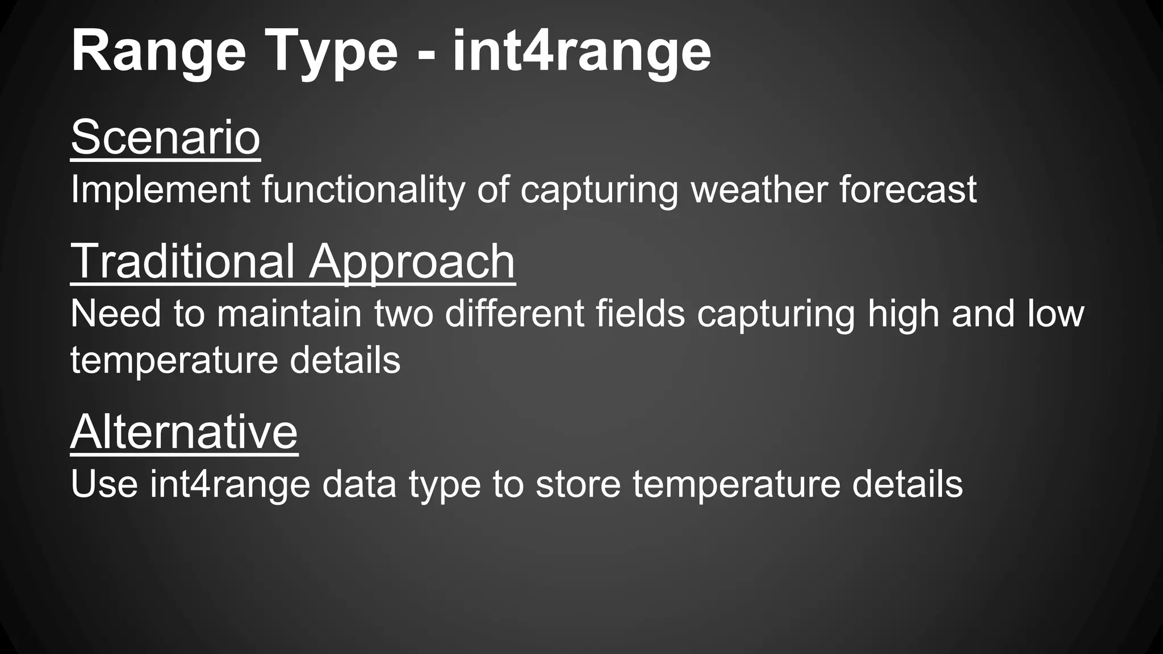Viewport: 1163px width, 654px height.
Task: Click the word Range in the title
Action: tap(158, 52)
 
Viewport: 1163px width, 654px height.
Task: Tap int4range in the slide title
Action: tap(581, 52)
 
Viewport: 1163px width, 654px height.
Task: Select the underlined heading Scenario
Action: tap(165, 137)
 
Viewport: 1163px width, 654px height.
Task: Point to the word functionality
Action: tap(363, 190)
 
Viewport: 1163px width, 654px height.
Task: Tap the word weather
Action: tap(759, 190)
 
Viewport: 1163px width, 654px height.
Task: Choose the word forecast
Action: tap(908, 190)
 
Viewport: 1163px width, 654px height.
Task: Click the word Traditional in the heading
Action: tap(182, 262)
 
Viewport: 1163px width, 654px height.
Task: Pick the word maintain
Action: tap(289, 314)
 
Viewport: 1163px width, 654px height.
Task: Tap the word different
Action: tap(514, 314)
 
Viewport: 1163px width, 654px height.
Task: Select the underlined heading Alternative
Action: tap(184, 432)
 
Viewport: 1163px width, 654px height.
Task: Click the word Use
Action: tap(104, 484)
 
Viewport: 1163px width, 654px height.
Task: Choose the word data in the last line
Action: tap(359, 484)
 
